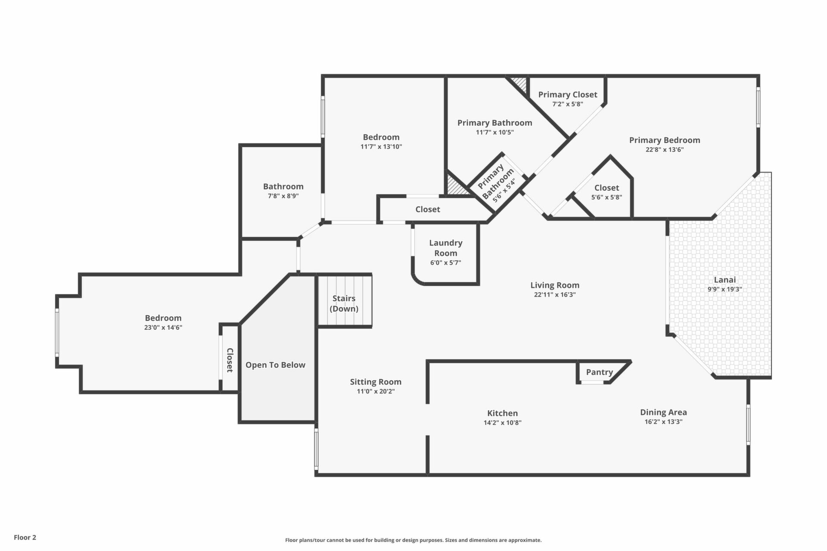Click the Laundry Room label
click(x=445, y=248)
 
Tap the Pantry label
click(x=599, y=372)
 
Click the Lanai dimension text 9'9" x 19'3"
click(x=724, y=289)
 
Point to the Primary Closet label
click(x=568, y=95)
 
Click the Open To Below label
click(x=275, y=365)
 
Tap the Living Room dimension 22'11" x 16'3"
click(x=555, y=295)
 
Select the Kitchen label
click(x=502, y=413)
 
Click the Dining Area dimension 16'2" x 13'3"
click(x=663, y=422)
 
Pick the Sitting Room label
click(x=376, y=382)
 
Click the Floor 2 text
click(x=25, y=537)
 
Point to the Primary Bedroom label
click(x=665, y=140)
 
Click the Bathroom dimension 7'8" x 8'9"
click(x=283, y=196)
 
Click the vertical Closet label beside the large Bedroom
click(x=230, y=360)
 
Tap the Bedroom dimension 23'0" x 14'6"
click(x=163, y=328)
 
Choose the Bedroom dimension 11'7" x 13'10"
click(x=381, y=147)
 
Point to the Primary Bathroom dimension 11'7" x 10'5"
click(x=495, y=133)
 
